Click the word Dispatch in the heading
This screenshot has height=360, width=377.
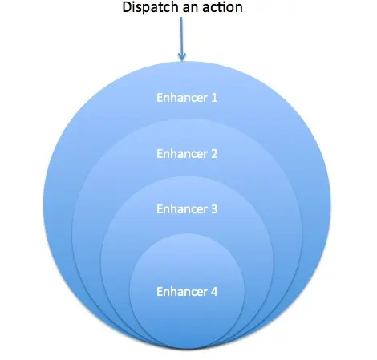[151, 7]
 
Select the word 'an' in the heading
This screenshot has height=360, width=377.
[191, 8]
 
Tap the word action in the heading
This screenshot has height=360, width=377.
[222, 7]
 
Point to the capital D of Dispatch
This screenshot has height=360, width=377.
[127, 7]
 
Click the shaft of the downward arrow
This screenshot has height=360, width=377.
[182, 38]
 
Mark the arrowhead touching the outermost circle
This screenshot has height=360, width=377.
[182, 57]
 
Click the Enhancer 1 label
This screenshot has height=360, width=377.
[187, 98]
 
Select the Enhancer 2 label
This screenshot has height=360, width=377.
[187, 154]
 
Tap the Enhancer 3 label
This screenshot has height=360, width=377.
[187, 209]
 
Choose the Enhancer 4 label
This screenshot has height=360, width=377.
[187, 291]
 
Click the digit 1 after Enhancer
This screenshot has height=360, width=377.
[214, 98]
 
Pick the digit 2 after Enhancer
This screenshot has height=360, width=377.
[214, 154]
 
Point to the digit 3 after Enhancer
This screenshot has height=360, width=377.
[214, 209]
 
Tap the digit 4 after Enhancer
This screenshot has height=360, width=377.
[214, 292]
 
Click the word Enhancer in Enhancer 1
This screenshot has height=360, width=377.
[182, 98]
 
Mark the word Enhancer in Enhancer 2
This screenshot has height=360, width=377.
[182, 154]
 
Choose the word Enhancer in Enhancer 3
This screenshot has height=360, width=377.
[182, 209]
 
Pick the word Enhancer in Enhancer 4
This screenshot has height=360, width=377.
[182, 291]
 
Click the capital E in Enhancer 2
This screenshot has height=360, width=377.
[160, 154]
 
